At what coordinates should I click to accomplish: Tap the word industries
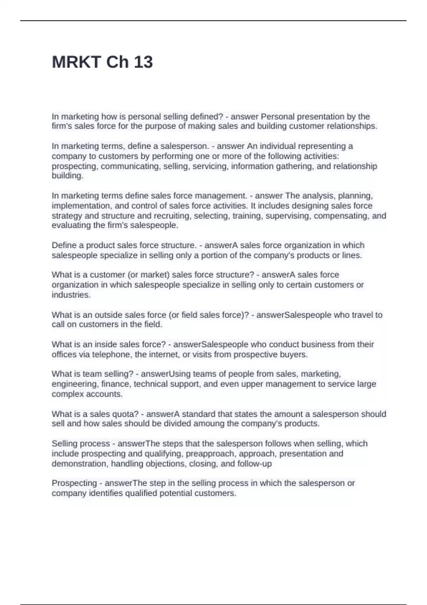pos(71,295)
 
